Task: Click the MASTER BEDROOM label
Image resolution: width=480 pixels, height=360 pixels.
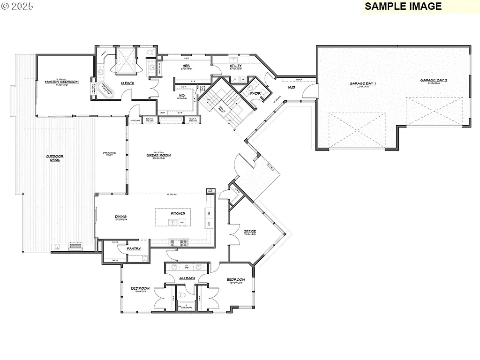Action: [62, 82]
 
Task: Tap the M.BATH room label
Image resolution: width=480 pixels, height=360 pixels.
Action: [128, 83]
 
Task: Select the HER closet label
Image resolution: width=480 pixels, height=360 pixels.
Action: [186, 66]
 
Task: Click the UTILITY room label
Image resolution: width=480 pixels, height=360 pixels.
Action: [236, 66]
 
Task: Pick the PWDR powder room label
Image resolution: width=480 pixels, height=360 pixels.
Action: [255, 93]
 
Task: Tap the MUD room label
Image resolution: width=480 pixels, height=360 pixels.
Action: [291, 87]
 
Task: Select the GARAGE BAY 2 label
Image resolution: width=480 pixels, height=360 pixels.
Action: [434, 80]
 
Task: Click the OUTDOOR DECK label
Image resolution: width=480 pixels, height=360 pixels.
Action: [55, 158]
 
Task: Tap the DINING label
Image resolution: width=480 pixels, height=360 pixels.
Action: [121, 217]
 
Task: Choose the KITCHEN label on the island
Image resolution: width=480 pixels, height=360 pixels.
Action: [178, 213]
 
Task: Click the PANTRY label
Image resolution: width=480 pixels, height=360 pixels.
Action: [134, 248]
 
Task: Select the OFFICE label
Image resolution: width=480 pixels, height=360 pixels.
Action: [250, 231]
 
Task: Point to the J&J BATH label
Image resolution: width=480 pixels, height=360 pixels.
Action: [187, 278]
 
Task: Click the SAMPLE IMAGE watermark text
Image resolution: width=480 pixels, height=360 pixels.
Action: [403, 6]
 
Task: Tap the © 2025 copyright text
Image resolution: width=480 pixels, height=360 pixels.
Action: [17, 7]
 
